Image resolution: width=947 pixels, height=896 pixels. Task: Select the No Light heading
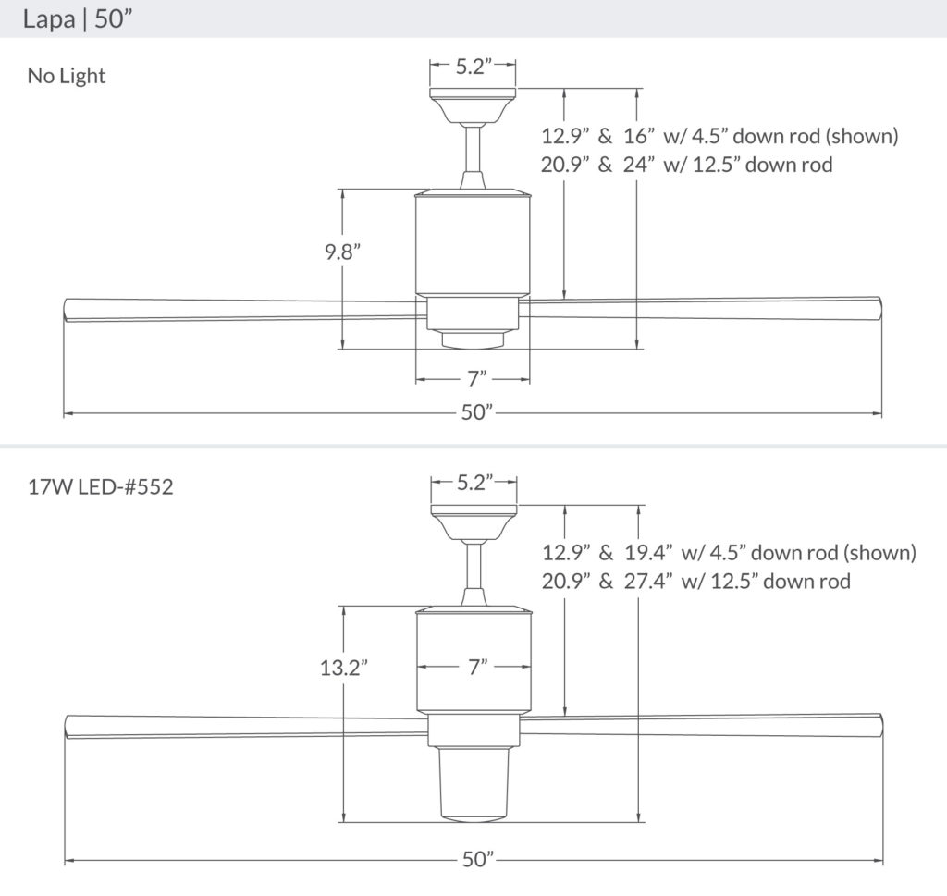click(67, 76)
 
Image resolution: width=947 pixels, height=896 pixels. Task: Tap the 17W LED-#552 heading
click(100, 486)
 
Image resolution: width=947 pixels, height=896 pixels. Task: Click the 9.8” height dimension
click(341, 251)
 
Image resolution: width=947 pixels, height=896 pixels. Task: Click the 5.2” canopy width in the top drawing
click(473, 66)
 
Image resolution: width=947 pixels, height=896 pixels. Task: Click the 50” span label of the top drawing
click(473, 412)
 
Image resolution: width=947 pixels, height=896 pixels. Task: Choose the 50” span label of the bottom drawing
click(473, 859)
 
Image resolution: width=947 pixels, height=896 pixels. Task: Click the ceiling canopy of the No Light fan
click(473, 104)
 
